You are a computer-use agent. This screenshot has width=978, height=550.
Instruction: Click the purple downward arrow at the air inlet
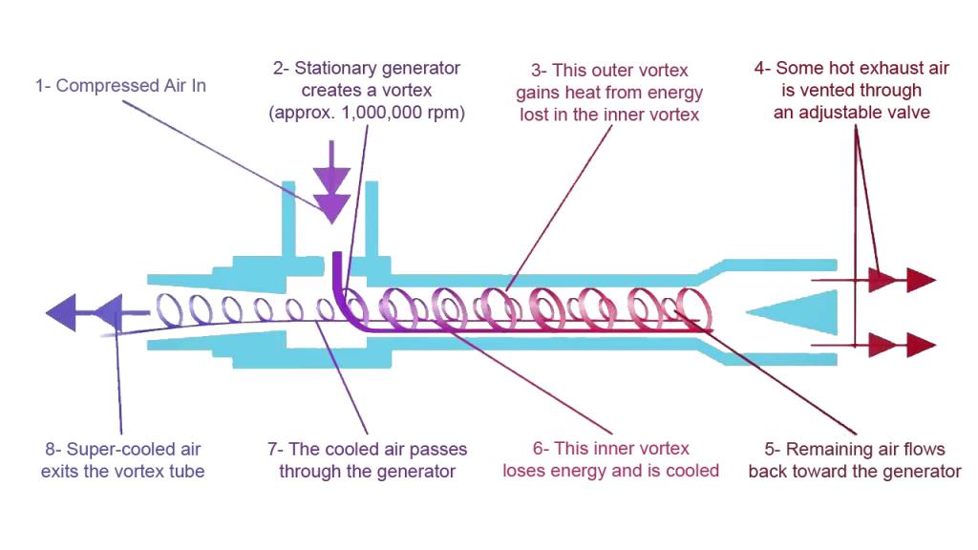click(x=331, y=181)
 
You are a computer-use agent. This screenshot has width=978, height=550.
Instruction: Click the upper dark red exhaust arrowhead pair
click(x=902, y=280)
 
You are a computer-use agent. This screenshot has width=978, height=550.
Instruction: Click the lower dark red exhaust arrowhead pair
click(x=902, y=344)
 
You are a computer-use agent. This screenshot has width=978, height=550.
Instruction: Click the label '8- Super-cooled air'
click(x=123, y=449)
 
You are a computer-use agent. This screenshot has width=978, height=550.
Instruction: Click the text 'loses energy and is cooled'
click(x=611, y=471)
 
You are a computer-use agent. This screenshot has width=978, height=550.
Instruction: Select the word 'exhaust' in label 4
click(x=860, y=69)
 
